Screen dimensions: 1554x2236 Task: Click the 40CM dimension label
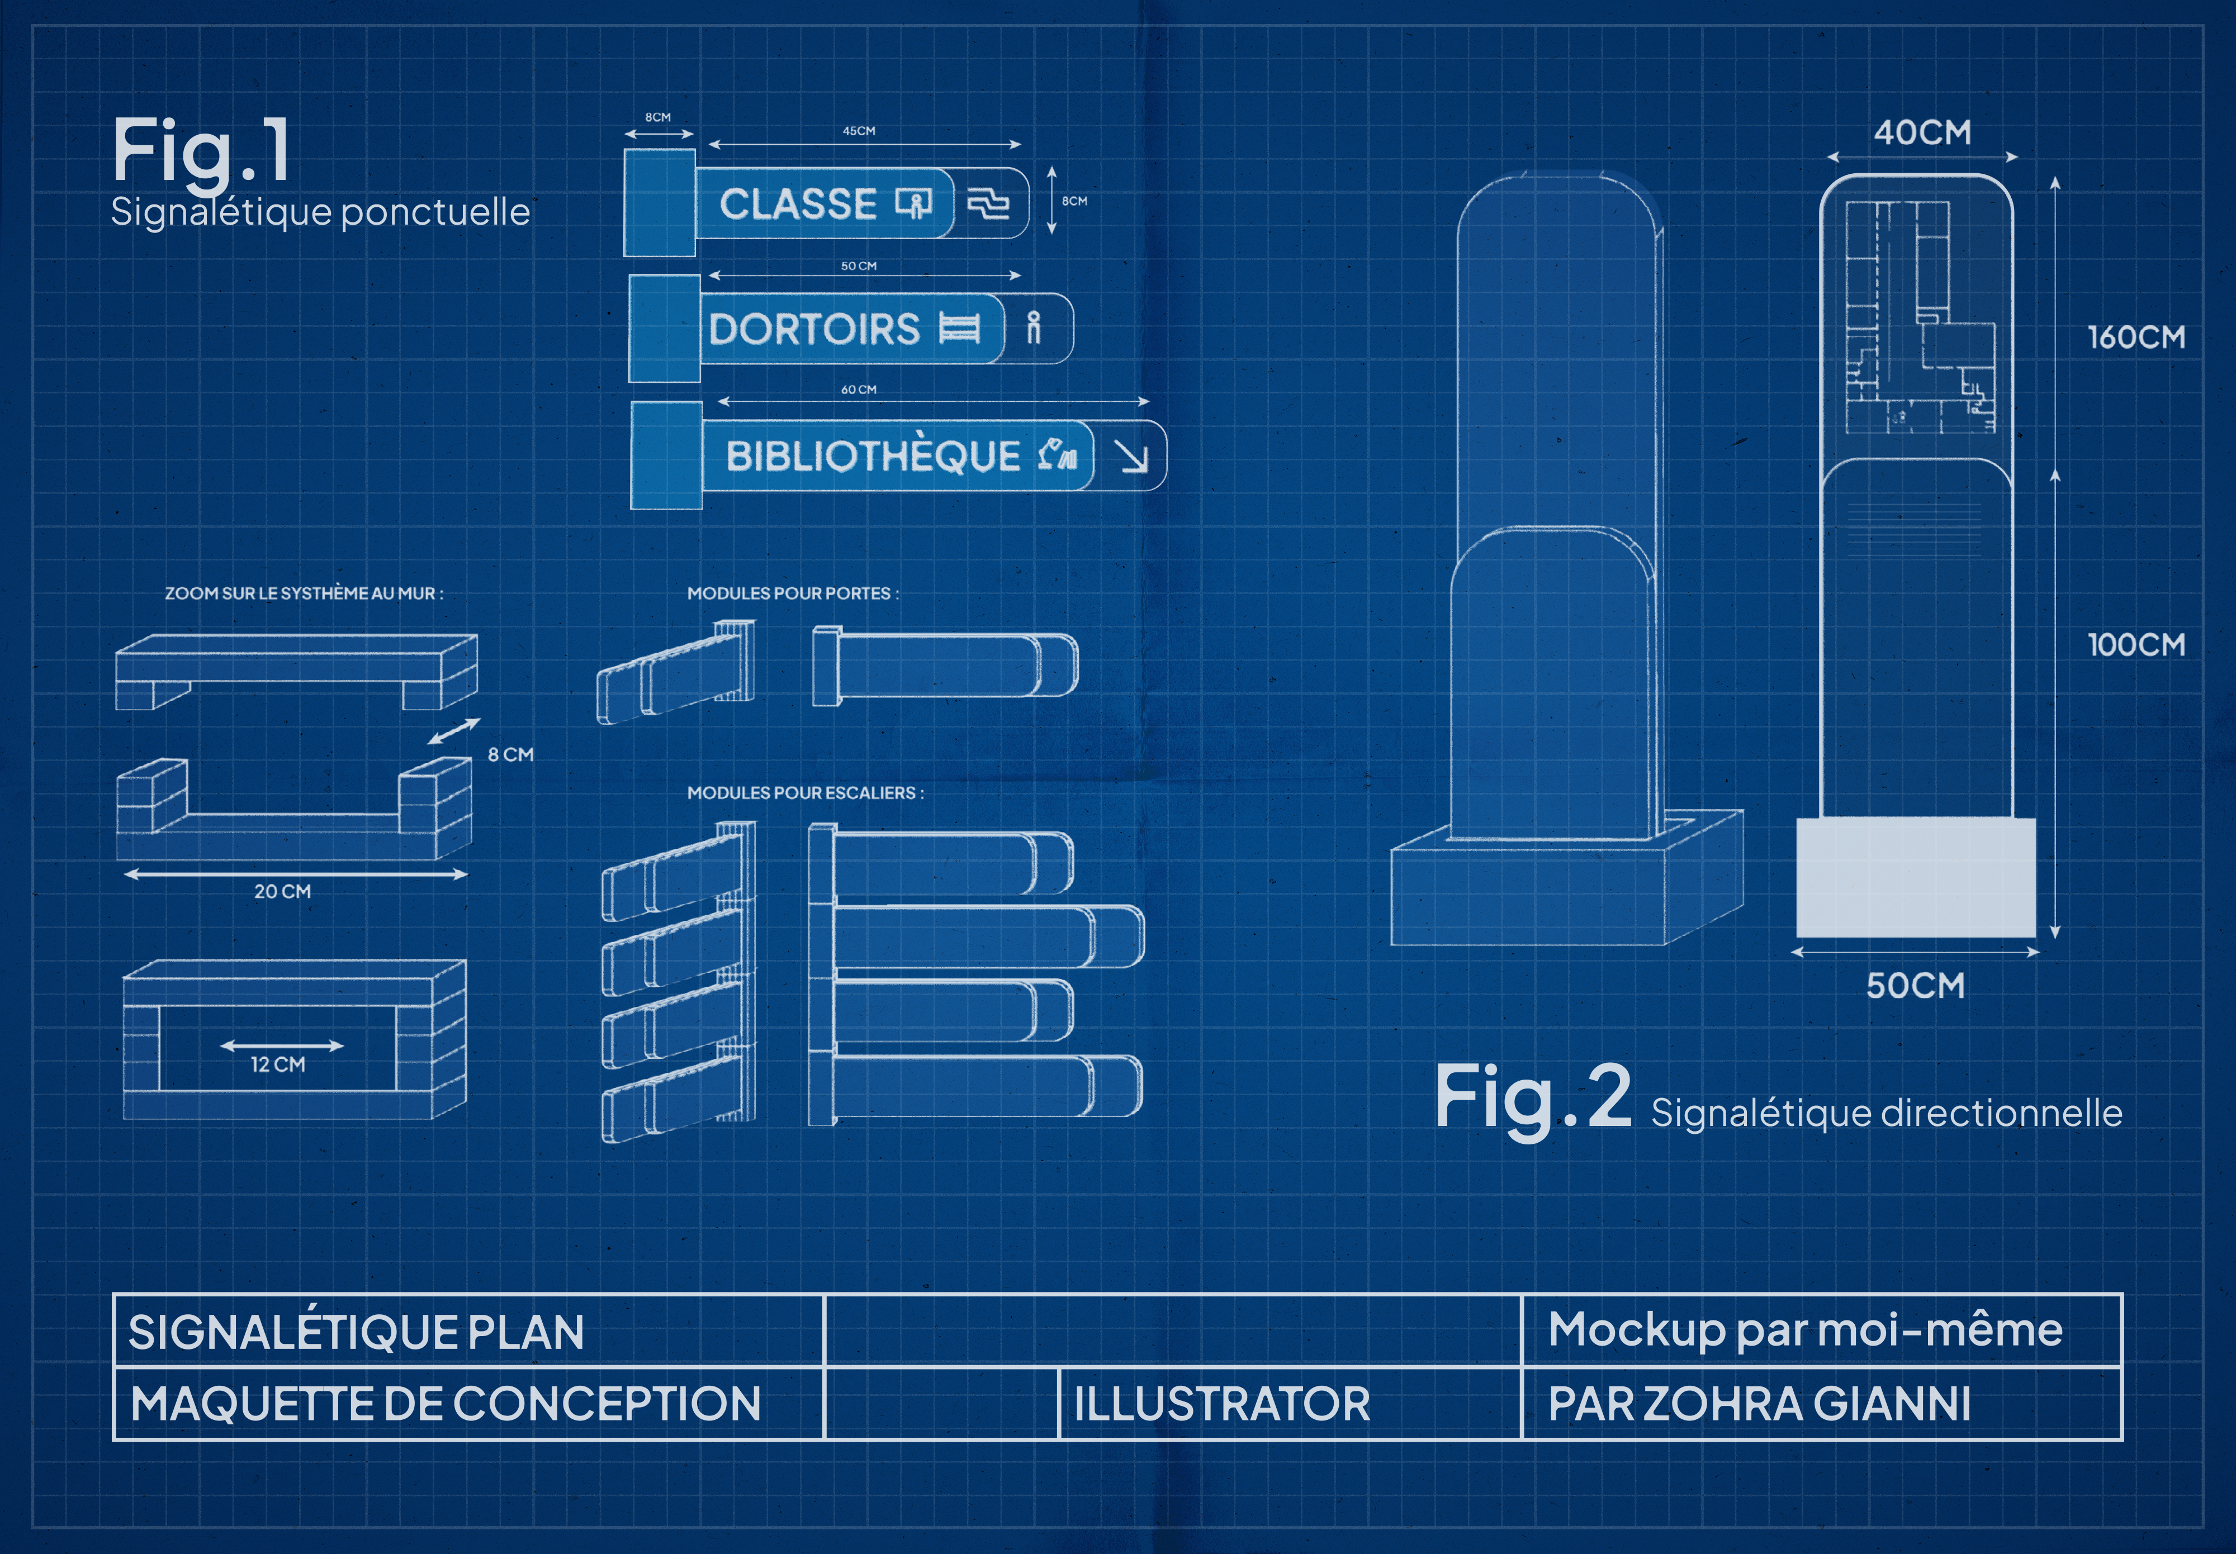tap(1922, 132)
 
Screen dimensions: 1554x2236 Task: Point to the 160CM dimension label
tap(2136, 338)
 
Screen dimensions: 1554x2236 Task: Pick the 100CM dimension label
tap(2136, 645)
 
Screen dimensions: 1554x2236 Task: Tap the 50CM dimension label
tap(1915, 985)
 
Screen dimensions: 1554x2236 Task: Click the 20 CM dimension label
tap(282, 891)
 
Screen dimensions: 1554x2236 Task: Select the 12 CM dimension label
tap(278, 1064)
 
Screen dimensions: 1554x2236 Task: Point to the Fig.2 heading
tap(1533, 1097)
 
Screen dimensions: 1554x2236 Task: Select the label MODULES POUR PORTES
tap(792, 593)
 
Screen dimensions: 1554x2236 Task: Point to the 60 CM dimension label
tap(858, 389)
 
